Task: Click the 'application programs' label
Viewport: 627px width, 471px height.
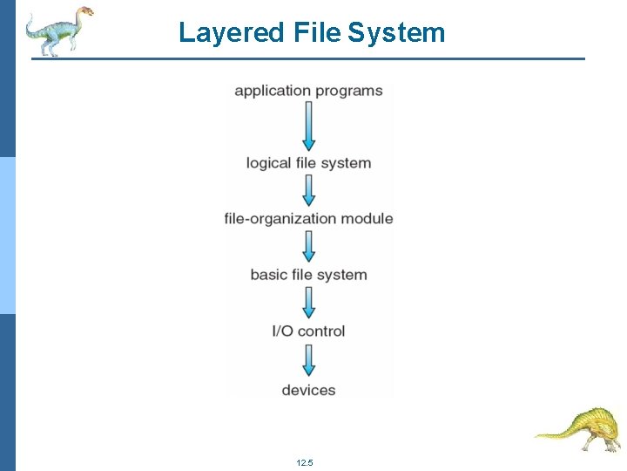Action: click(308, 91)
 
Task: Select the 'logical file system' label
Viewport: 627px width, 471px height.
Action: click(308, 163)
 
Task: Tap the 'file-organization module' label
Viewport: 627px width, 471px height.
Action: click(308, 219)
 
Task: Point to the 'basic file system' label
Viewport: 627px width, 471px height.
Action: click(308, 275)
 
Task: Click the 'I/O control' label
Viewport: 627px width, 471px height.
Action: click(308, 331)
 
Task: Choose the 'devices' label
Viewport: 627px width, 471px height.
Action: click(308, 390)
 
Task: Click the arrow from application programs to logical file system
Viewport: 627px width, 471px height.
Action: click(308, 126)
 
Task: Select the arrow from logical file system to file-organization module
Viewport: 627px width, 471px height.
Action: click(308, 190)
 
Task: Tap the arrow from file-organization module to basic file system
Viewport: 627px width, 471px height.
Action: click(308, 246)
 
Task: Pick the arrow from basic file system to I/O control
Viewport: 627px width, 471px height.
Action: click(308, 303)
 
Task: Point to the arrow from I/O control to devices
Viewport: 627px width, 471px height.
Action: click(308, 360)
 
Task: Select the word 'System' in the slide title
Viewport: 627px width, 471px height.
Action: click(396, 33)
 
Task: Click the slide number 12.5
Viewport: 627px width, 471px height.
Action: click(304, 462)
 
